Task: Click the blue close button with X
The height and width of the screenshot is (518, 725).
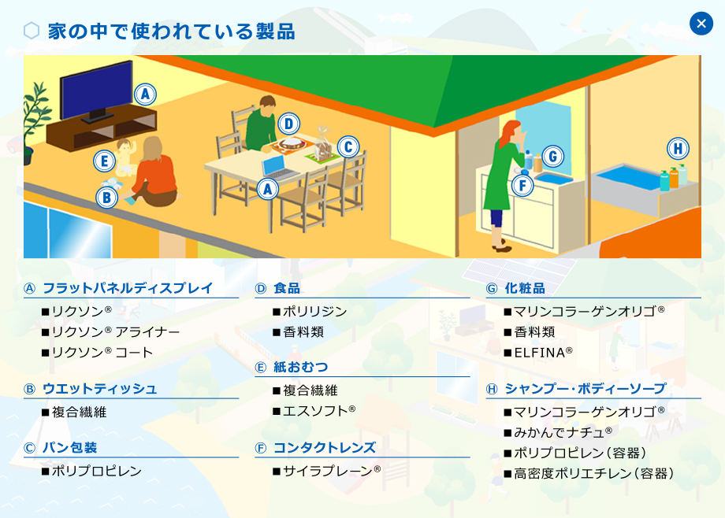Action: [x=701, y=24]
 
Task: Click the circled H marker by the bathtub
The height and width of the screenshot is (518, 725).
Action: [x=678, y=149]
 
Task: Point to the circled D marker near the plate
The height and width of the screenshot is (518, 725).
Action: [x=289, y=124]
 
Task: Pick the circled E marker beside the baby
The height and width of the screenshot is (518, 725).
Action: [x=105, y=161]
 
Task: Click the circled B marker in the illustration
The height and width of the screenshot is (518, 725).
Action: [x=107, y=198]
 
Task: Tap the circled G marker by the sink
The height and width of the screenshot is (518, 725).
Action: [x=552, y=157]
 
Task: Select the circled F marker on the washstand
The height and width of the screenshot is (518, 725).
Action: [x=522, y=186]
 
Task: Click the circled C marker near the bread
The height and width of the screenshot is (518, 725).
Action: [x=348, y=147]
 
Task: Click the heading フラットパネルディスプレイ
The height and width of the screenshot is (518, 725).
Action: [x=128, y=288]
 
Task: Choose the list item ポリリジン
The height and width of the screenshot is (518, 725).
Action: [x=315, y=312]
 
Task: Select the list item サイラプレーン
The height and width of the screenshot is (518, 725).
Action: [x=332, y=471]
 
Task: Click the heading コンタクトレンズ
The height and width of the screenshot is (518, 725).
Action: [x=325, y=448]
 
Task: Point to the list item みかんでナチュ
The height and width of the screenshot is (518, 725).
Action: [x=563, y=432]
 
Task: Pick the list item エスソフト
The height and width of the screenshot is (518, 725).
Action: [x=319, y=411]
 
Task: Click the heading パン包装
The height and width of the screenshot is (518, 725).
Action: [x=70, y=448]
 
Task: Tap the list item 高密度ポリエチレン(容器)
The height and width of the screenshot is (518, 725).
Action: [x=593, y=474]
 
